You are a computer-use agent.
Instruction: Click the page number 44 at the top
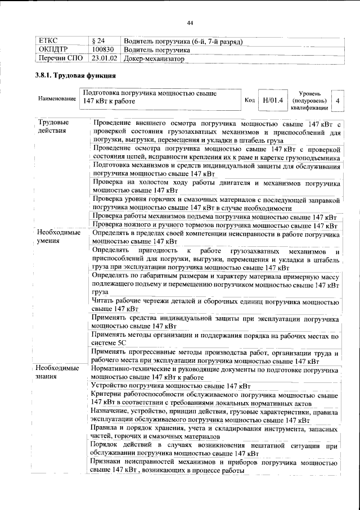(x=190, y=22)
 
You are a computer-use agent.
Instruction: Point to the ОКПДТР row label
(x=52, y=49)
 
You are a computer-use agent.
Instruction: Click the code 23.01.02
(x=104, y=57)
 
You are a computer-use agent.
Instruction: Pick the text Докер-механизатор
(x=154, y=57)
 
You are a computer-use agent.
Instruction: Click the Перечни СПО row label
(x=58, y=57)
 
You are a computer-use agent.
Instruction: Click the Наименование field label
(x=57, y=99)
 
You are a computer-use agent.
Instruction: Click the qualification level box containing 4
(x=337, y=100)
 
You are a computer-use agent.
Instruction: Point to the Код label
(x=250, y=100)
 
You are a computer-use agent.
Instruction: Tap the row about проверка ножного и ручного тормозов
(x=214, y=225)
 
